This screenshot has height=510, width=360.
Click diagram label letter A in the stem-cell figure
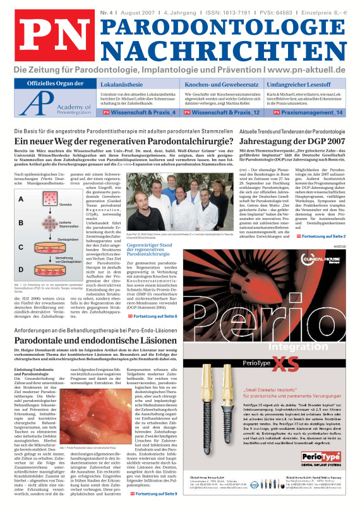(21, 198)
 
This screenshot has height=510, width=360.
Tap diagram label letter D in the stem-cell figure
(21, 269)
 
